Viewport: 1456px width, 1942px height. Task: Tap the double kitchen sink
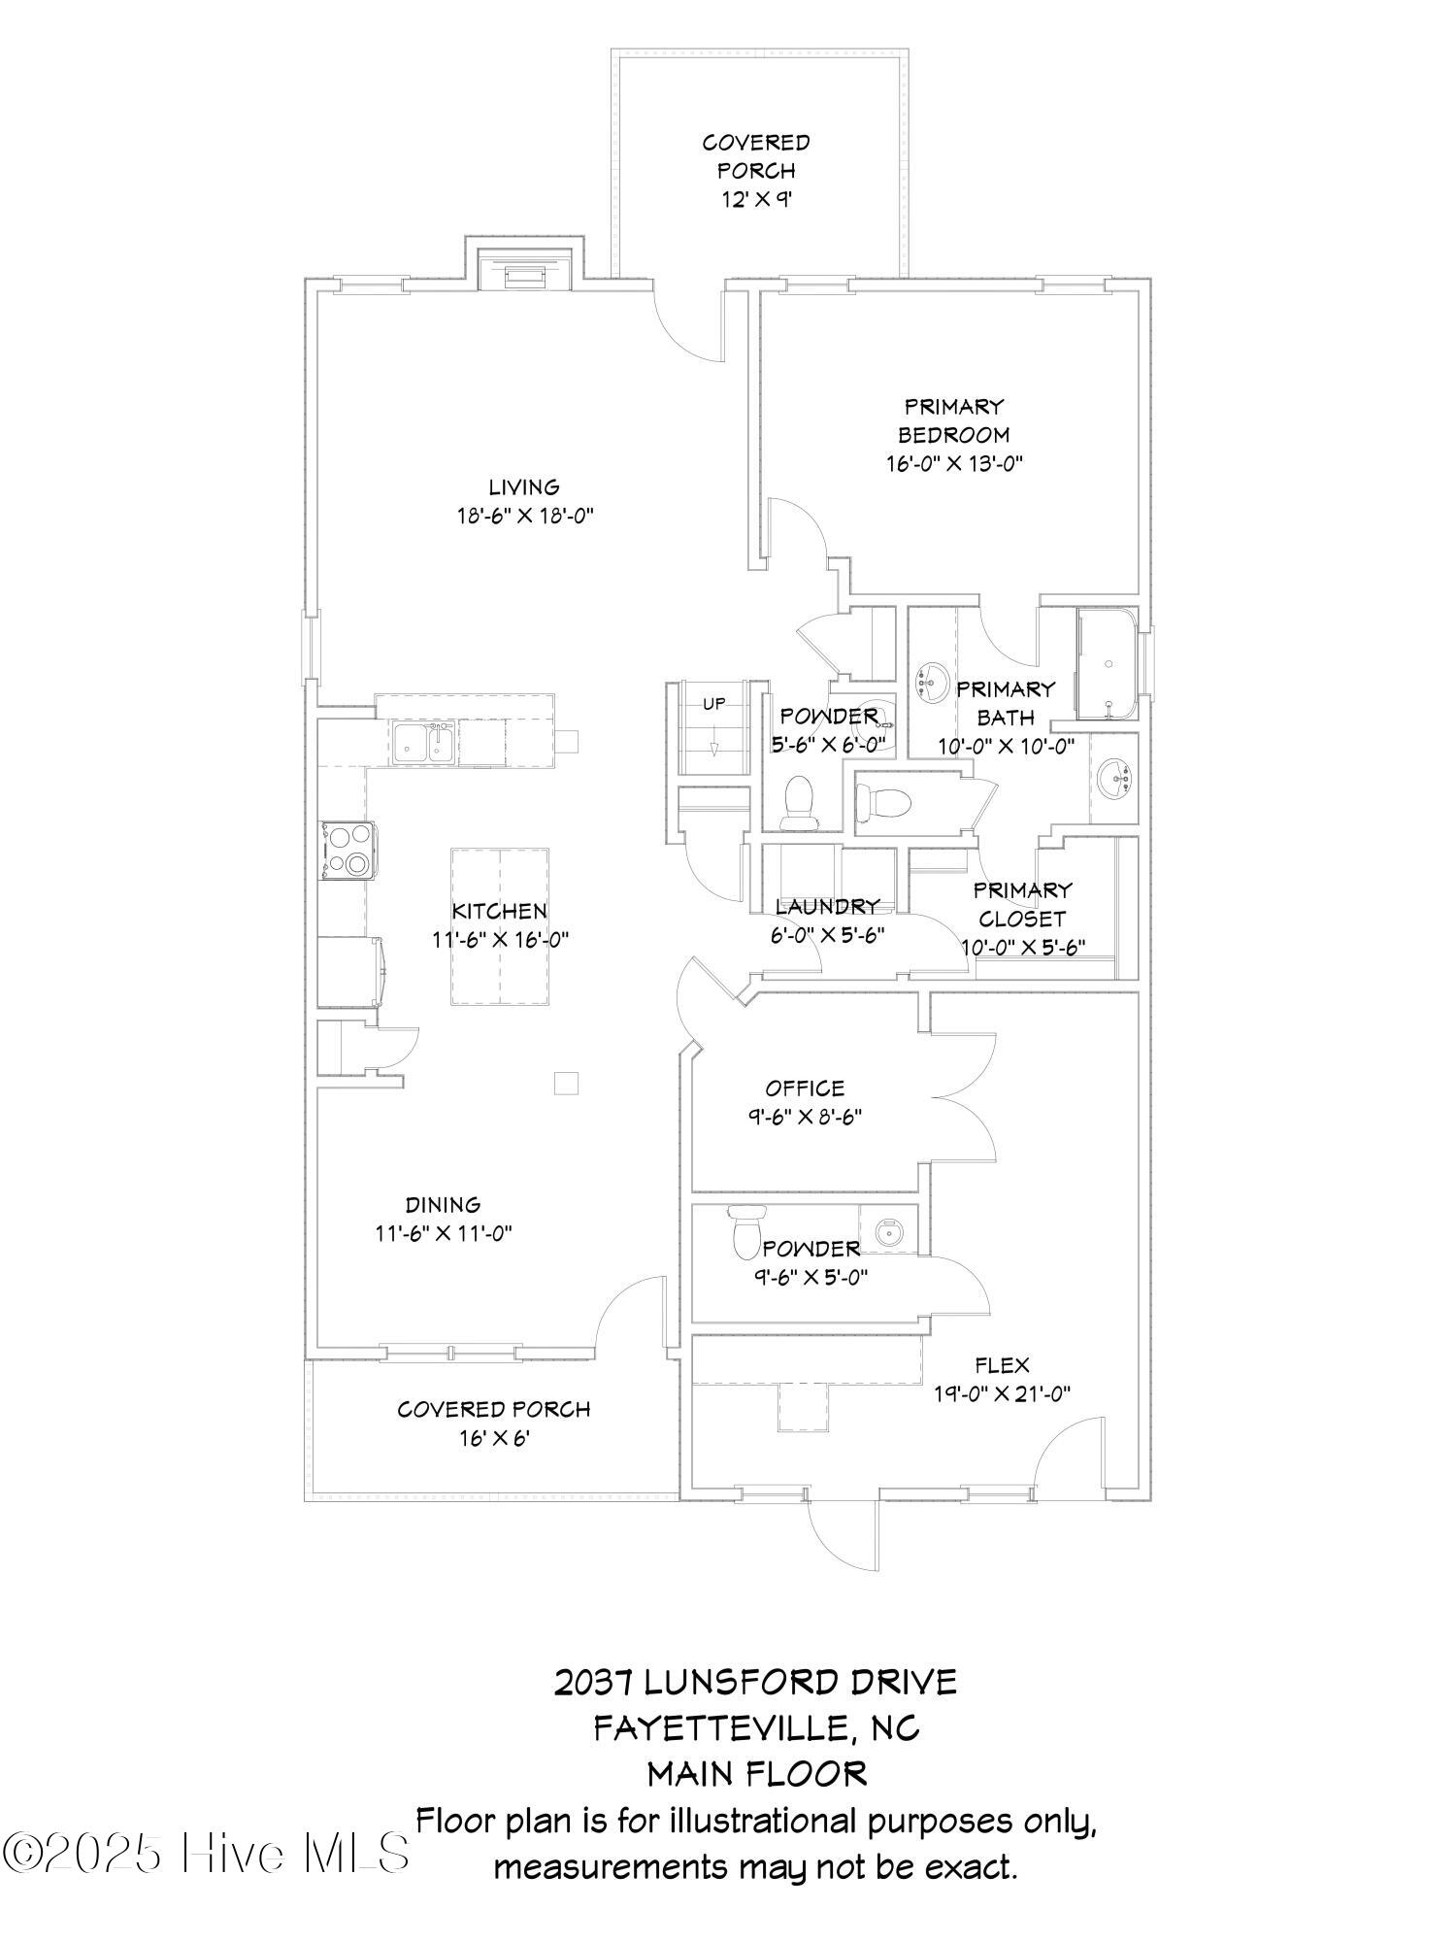pyautogui.click(x=425, y=743)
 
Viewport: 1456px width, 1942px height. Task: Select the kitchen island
pyautogui.click(x=500, y=926)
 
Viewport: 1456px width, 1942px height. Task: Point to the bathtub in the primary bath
pyautogui.click(x=1108, y=665)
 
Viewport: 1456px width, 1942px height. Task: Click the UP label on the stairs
pyautogui.click(x=713, y=703)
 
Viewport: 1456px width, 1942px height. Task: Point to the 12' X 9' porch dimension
pyautogui.click(x=756, y=199)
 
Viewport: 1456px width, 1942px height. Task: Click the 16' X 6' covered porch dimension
pyautogui.click(x=494, y=1438)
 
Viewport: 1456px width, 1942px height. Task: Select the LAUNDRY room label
pyautogui.click(x=828, y=907)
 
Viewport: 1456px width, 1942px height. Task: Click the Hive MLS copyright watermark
pyautogui.click(x=206, y=1854)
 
